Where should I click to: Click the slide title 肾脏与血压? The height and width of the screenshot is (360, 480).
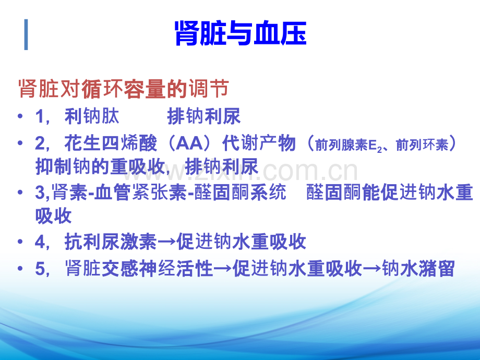241,33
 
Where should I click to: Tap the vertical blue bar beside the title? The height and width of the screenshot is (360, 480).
26,34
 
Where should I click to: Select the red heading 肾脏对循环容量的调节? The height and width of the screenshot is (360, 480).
124,89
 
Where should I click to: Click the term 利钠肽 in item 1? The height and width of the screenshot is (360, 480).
92,116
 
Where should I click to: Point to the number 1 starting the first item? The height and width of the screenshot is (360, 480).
40,117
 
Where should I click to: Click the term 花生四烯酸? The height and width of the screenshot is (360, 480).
111,143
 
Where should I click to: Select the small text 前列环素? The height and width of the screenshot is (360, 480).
422,145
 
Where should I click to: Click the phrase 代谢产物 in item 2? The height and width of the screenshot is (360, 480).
259,143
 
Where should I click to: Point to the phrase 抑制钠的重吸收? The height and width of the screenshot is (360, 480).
100,166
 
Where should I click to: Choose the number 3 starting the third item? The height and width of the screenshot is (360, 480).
40,193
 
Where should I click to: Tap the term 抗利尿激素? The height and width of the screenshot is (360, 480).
111,242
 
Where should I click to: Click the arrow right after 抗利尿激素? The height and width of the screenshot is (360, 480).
167,242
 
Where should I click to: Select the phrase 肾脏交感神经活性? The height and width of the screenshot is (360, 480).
139,269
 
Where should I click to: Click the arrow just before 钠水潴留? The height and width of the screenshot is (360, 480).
372,269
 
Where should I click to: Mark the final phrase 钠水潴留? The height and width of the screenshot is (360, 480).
418,269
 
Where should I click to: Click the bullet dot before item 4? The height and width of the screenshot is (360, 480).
20,242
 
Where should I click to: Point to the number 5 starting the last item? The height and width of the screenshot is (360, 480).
40,269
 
